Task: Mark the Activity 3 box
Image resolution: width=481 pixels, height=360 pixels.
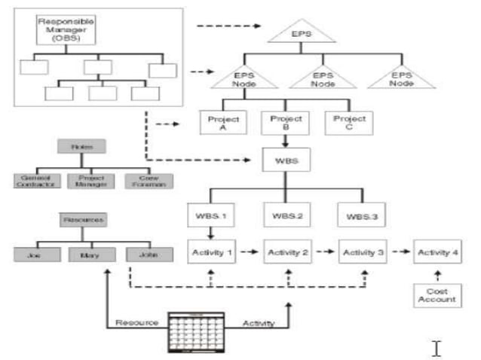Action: (361, 252)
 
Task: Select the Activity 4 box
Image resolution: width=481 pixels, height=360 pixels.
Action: (437, 252)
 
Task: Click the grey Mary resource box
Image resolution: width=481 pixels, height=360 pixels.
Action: (84, 254)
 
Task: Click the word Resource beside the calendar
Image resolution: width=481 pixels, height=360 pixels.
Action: (136, 323)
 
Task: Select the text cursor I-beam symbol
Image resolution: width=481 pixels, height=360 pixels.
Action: (437, 347)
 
